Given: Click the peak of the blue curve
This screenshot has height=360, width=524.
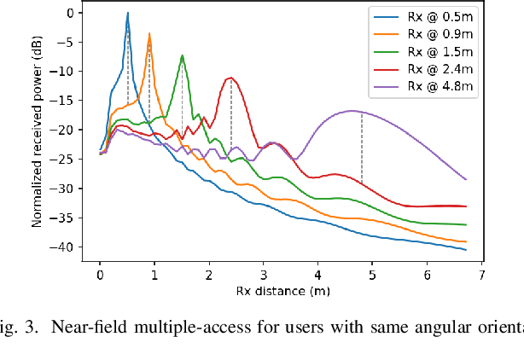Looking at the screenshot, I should pos(127,13).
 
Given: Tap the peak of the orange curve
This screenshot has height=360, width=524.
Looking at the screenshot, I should pos(149,34).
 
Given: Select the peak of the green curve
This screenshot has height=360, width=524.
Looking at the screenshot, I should pos(182,55).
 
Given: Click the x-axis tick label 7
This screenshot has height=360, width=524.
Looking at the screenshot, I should pos(482,276).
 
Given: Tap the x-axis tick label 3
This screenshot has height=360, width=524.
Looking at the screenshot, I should pos(264,276).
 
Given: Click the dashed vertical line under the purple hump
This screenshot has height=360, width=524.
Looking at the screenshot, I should pos(362,149).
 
